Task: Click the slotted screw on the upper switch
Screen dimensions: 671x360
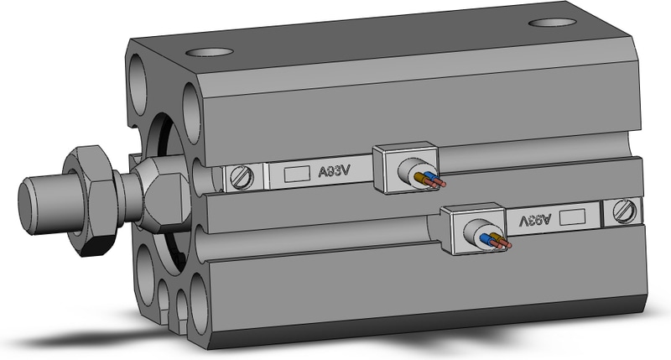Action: pos(242,177)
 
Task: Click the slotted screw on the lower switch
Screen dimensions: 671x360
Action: pos(624,211)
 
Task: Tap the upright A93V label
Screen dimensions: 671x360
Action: pos(335,171)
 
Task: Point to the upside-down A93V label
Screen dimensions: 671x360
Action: pos(535,220)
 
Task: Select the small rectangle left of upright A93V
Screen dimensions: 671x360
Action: pos(297,174)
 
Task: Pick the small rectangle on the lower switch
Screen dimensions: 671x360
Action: pos(572,217)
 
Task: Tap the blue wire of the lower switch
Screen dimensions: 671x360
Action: pos(487,239)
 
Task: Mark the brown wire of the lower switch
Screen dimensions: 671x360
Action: pos(498,238)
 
